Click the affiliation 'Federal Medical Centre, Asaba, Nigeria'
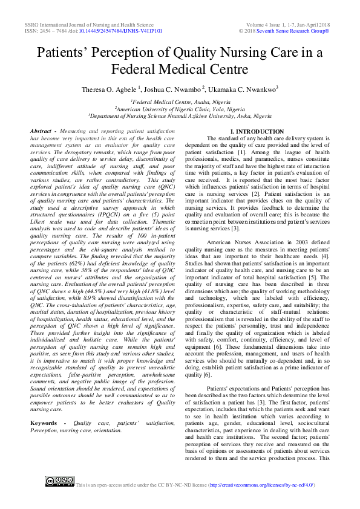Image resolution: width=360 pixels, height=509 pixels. (180, 103)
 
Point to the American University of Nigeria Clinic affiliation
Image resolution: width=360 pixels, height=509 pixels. (180, 109)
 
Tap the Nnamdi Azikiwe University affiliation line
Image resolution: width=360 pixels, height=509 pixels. (180, 115)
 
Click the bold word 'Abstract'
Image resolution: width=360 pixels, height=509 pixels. (41, 131)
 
